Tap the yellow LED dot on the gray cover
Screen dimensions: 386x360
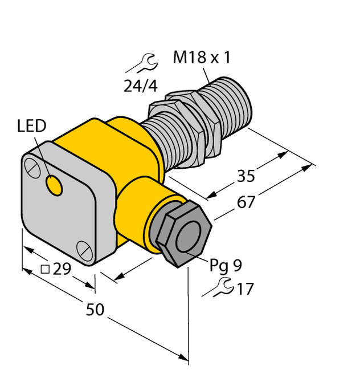coord(55,185)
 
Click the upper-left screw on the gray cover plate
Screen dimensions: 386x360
coord(32,167)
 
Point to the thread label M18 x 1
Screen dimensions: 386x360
coord(202,58)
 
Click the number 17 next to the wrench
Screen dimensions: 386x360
coord(244,289)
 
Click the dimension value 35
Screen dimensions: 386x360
coord(246,176)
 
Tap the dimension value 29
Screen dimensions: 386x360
coord(62,268)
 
